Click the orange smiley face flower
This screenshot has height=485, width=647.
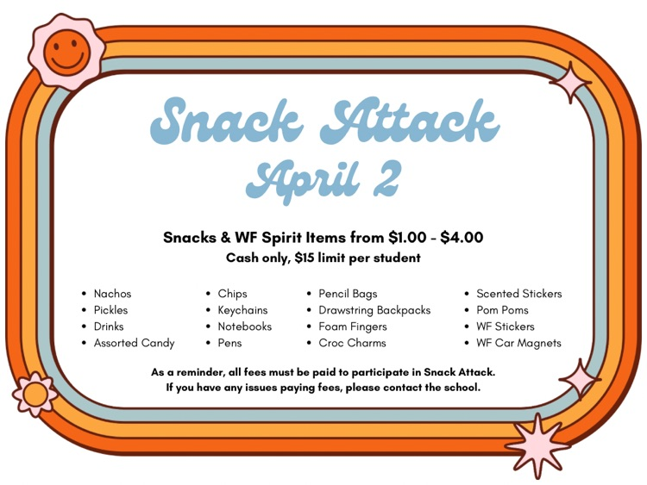click(x=66, y=51)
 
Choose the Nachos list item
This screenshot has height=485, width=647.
click(x=112, y=294)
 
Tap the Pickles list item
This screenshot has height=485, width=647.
click(x=110, y=310)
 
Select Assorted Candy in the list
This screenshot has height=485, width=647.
click(x=134, y=343)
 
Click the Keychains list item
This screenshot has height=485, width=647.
click(x=242, y=310)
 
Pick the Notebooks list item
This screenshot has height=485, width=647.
click(x=244, y=326)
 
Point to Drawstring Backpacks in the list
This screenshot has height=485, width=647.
click(x=374, y=310)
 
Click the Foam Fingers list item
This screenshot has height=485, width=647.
click(x=353, y=326)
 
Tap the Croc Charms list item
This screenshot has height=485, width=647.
click(x=352, y=343)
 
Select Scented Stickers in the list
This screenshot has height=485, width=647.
click(x=518, y=294)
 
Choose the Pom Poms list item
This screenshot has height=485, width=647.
click(x=502, y=310)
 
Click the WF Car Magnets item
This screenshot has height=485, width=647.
click(x=518, y=343)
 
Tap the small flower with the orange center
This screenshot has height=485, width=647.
click(x=35, y=395)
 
